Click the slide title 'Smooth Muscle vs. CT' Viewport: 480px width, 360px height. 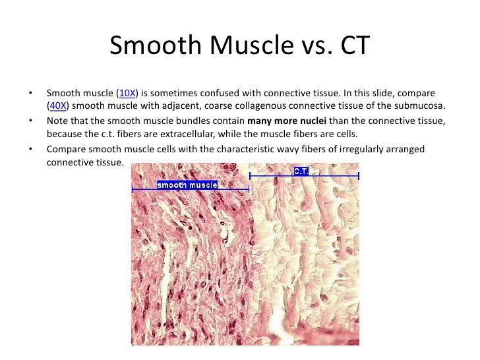(240, 45)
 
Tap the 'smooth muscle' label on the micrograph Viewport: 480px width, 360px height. (187, 185)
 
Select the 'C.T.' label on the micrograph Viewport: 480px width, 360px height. (301, 171)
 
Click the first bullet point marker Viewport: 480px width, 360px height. (30, 94)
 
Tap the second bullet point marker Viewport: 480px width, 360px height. (30, 121)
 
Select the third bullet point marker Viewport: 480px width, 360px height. (30, 150)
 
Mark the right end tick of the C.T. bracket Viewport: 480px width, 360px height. (358, 176)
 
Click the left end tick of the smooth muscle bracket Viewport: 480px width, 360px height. (133, 189)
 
